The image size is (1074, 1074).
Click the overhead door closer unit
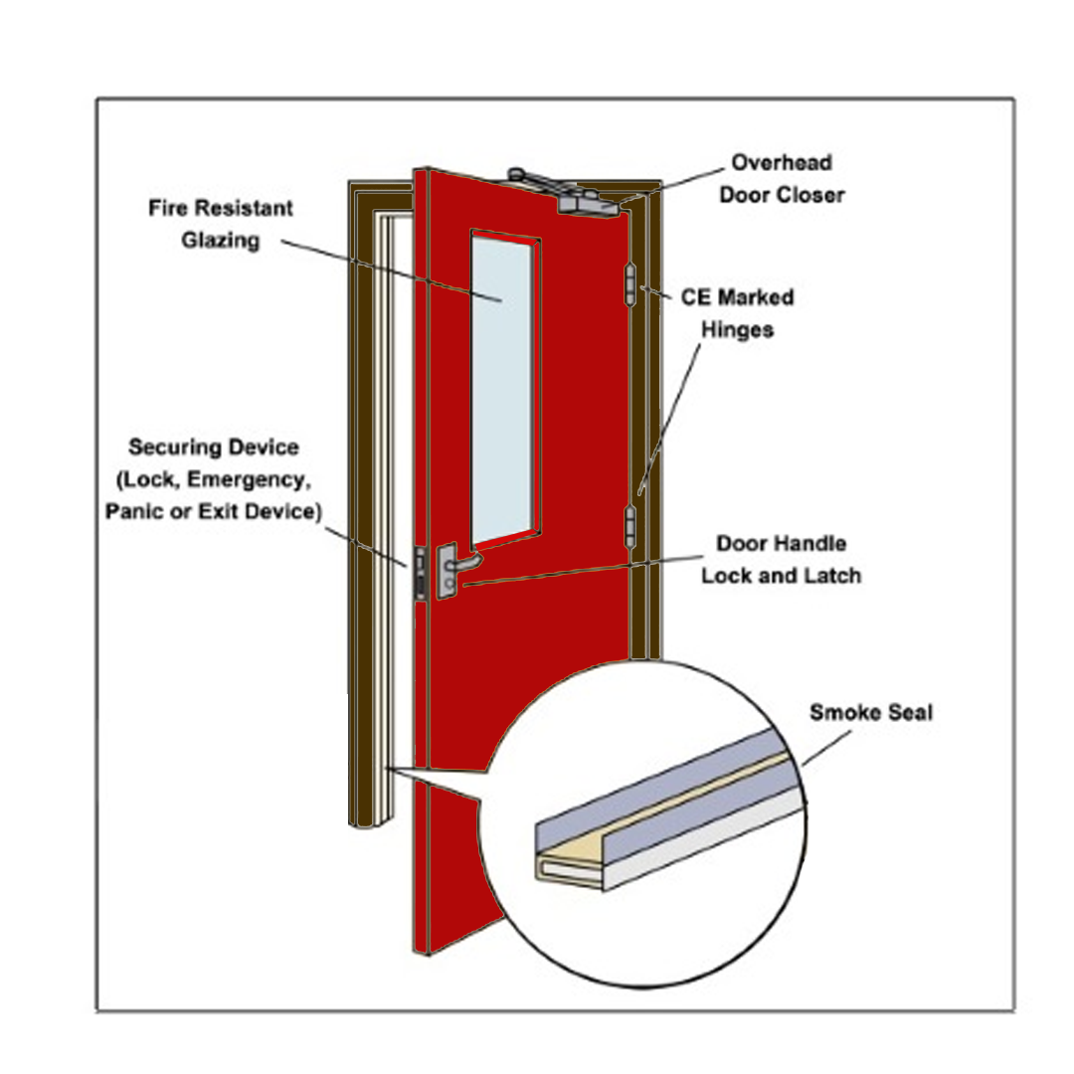[587, 200]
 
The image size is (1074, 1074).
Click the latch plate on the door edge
[421, 573]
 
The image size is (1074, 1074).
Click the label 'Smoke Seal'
[870, 713]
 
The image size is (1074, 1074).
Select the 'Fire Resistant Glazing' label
[221, 225]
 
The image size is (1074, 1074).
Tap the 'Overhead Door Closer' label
[782, 178]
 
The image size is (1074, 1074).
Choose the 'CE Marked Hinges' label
[737, 313]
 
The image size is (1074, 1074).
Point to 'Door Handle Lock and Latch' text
[781, 559]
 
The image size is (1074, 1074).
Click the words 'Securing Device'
[213, 447]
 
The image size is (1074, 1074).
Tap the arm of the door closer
[537, 180]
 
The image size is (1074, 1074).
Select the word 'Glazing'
[220, 241]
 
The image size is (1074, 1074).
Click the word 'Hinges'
[737, 329]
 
